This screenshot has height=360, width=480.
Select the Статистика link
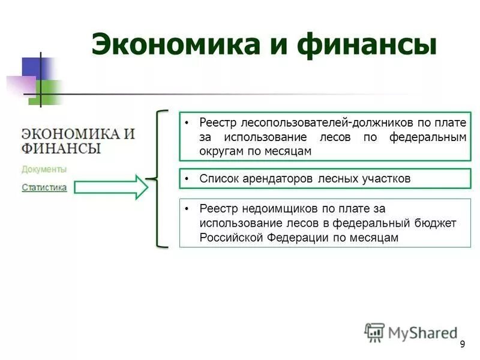[44, 187]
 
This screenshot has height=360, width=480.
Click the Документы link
[44, 169]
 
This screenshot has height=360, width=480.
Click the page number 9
[462, 344]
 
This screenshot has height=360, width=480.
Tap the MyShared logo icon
[375, 332]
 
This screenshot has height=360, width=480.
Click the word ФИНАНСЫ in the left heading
[61, 148]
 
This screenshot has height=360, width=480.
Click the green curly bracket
[158, 179]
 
